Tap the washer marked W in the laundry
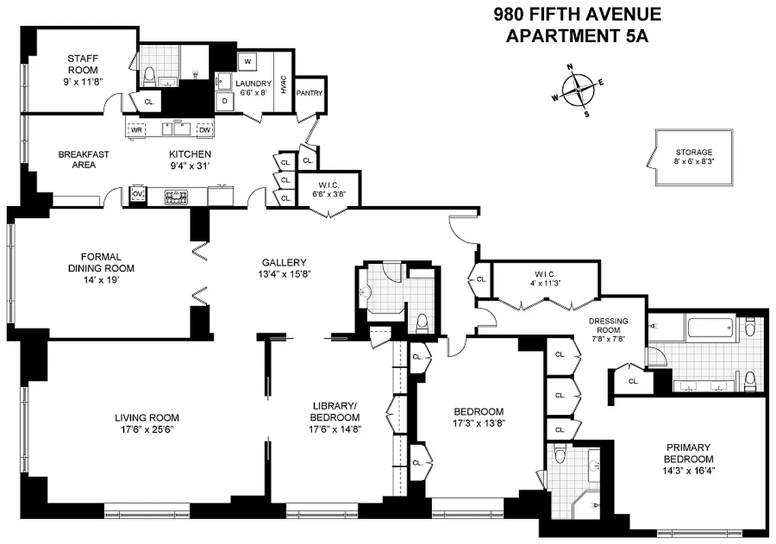[x=248, y=61]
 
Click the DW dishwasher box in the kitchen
[x=204, y=129]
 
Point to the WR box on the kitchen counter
[x=137, y=129]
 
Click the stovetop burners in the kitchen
[x=176, y=197]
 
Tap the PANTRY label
[x=309, y=94]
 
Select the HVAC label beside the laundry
[x=284, y=84]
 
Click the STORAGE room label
[x=694, y=152]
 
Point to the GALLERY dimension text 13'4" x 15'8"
[x=284, y=274]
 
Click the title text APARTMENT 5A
[x=577, y=36]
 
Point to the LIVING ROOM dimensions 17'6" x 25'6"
[x=147, y=429]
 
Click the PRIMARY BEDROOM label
[x=688, y=453]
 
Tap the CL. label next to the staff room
[x=150, y=102]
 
